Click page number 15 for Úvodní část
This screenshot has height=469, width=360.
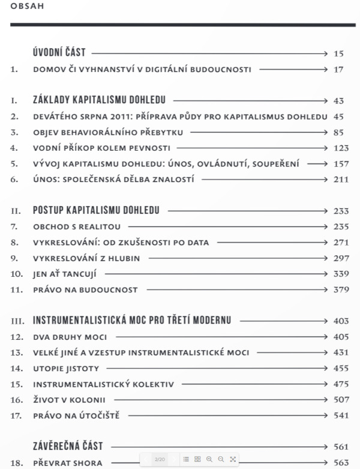pos(338,53)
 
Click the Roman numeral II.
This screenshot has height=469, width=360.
pos(16,211)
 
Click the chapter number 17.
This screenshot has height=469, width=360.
pos(17,414)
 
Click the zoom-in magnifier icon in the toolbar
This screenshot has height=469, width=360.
pos(209,459)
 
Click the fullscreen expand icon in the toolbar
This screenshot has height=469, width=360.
pos(233,459)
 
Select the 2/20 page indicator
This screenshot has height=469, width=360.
pos(160,459)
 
